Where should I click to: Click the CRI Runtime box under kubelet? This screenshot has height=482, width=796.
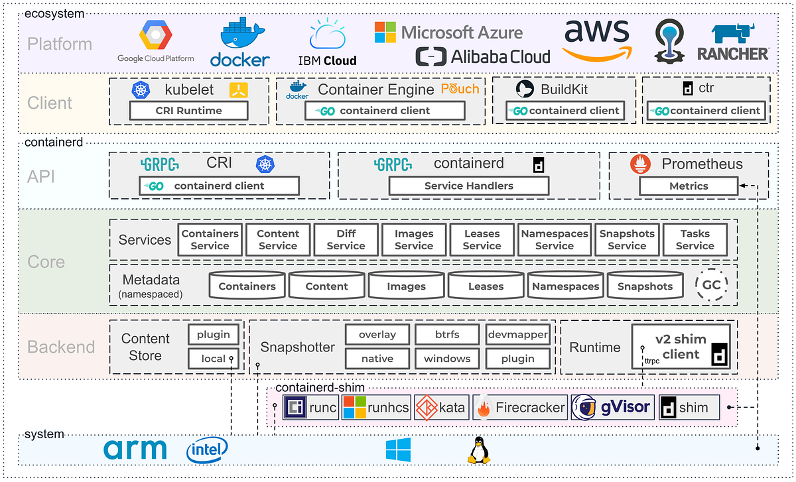(x=188, y=111)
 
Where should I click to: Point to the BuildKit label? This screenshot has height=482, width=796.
(x=564, y=90)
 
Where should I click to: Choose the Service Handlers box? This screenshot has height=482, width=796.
(x=468, y=186)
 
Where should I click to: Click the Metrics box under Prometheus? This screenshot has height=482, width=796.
(x=689, y=186)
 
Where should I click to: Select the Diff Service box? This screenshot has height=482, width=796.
(x=346, y=239)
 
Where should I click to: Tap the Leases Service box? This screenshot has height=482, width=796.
(x=482, y=239)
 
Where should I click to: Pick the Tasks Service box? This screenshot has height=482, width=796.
(x=695, y=239)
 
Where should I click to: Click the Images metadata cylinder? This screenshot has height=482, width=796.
(x=406, y=286)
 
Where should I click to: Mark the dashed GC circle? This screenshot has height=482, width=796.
(x=711, y=285)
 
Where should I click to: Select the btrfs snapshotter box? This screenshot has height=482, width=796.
(x=447, y=334)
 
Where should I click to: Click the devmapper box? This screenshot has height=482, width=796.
(x=517, y=334)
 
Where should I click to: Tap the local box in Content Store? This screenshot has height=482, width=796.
(x=213, y=359)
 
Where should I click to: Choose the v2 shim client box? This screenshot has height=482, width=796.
(x=681, y=347)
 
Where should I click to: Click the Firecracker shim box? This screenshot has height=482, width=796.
(x=521, y=407)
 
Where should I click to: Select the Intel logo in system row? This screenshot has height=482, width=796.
(x=207, y=450)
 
